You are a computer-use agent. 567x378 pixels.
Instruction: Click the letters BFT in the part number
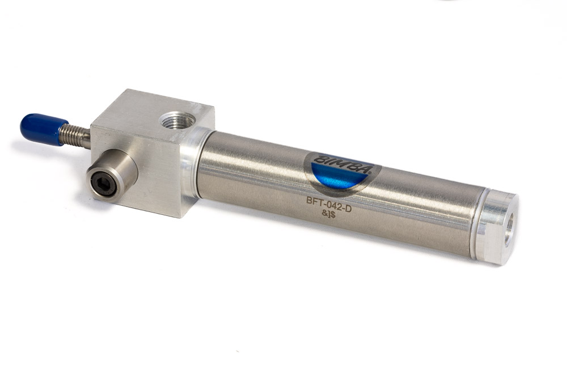coord(314,201)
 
